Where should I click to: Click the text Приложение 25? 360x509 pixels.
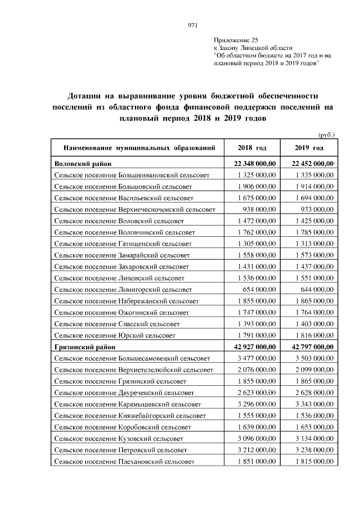click(235, 40)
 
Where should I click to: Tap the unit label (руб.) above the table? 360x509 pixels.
click(326, 134)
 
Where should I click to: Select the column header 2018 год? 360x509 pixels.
click(251, 148)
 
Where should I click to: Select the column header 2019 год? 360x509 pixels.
click(309, 148)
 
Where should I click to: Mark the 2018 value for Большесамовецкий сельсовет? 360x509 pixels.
click(256, 358)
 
